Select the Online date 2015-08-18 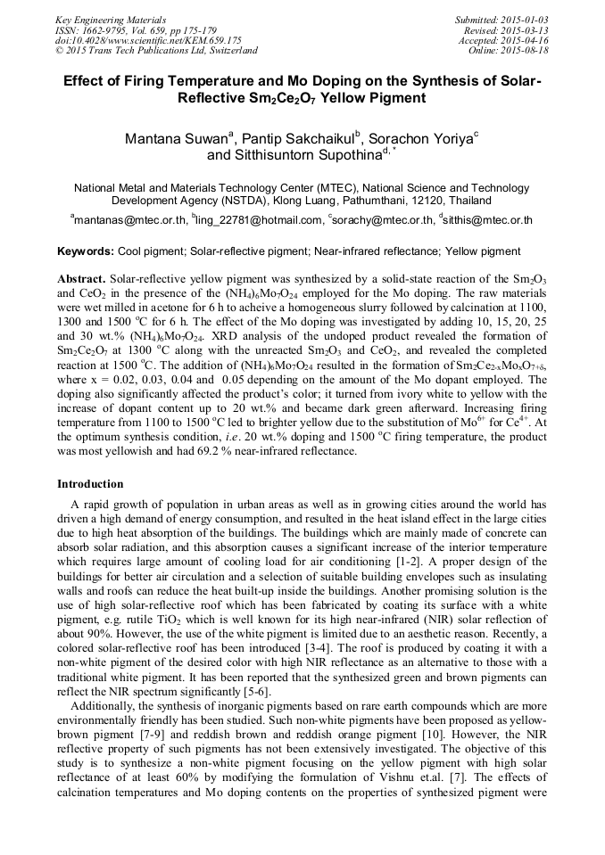point(523,51)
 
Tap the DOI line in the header point(148,40)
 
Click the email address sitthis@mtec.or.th point(488,219)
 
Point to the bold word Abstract point(81,278)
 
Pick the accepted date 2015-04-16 point(523,40)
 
